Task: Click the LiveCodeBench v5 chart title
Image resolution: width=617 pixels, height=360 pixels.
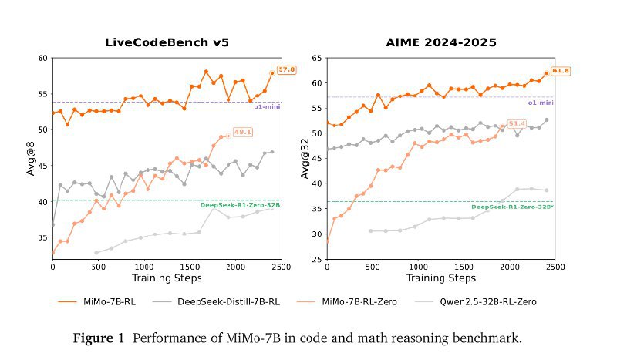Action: (x=167, y=42)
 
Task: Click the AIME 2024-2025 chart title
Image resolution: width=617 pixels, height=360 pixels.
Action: (x=440, y=42)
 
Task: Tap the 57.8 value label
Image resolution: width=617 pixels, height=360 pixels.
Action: (x=287, y=70)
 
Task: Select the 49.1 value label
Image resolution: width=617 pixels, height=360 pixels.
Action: (x=244, y=132)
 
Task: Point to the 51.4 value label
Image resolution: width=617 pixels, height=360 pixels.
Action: (x=516, y=123)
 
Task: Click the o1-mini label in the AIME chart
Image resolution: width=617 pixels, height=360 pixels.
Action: (x=540, y=102)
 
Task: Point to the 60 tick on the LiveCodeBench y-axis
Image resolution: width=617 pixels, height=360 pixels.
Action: (x=42, y=58)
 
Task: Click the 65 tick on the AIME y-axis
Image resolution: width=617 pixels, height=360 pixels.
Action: (x=316, y=58)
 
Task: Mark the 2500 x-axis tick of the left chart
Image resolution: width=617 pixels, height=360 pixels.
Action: (x=281, y=267)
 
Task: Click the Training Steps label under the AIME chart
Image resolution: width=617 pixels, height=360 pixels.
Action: (x=440, y=278)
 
